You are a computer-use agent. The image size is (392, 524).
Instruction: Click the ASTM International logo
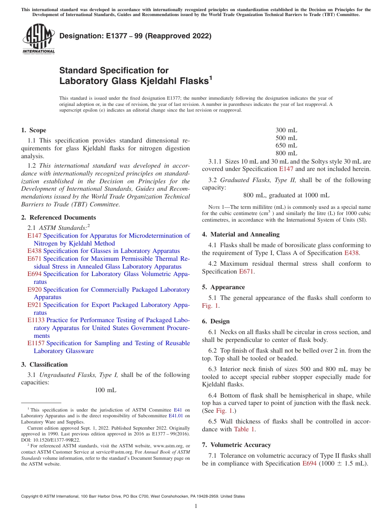(38, 39)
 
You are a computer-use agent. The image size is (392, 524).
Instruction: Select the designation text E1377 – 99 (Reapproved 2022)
(135, 36)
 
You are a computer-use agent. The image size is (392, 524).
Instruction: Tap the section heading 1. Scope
(33, 130)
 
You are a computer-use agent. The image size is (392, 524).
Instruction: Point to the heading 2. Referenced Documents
(58, 218)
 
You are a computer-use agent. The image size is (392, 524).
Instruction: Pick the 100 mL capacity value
(106, 390)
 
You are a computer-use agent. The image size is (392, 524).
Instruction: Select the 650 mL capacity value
(286, 145)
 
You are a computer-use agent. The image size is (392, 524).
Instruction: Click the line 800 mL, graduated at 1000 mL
(286, 195)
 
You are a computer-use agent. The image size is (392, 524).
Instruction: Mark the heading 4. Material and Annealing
(241, 234)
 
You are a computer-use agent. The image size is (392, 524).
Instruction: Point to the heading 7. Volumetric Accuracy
(236, 445)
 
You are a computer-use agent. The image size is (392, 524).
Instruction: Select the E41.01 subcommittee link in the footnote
(176, 416)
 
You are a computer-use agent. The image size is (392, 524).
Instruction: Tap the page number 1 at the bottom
(196, 506)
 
